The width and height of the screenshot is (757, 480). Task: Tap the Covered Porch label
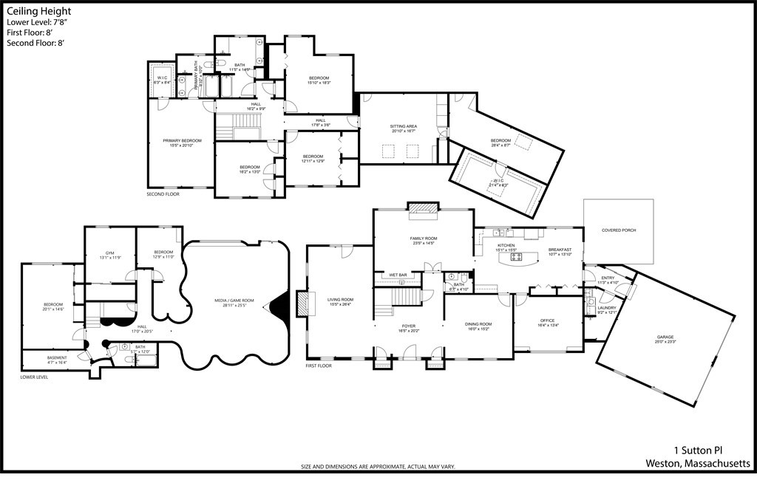coord(619,230)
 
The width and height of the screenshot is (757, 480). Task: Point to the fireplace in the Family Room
coord(424,210)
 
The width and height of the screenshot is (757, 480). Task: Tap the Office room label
coord(547,322)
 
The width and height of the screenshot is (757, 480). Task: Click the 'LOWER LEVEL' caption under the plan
coord(35,377)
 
